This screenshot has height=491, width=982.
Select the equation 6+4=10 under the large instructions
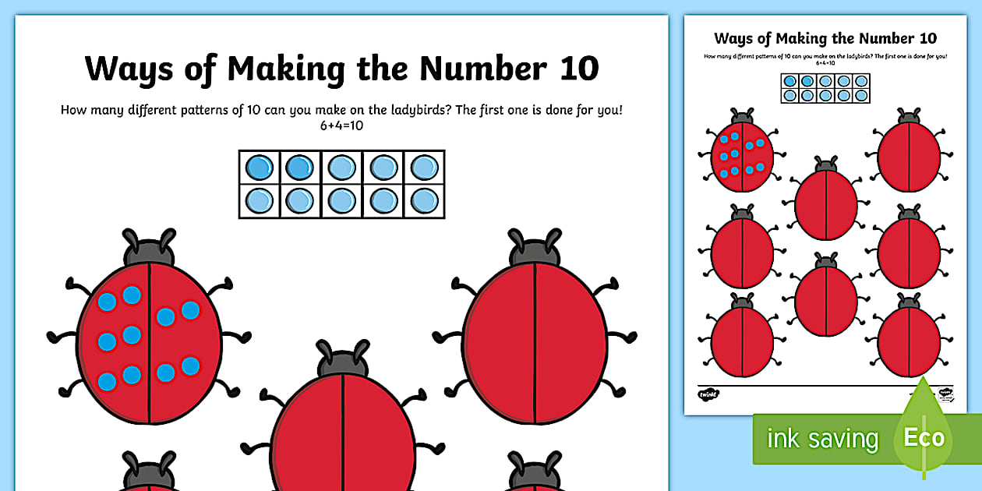pos(341,125)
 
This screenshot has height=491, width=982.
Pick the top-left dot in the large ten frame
pos(259,168)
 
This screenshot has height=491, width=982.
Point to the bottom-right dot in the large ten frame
pos(424,201)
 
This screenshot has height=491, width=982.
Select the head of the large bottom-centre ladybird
pos(344,360)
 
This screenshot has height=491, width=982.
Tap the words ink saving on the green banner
pos(821,438)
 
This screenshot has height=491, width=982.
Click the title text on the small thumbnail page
pos(825,38)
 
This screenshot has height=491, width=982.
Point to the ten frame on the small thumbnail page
pos(825,87)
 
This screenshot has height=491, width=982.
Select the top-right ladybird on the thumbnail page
pos(909,154)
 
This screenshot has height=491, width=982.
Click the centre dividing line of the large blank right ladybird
pos(535,343)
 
